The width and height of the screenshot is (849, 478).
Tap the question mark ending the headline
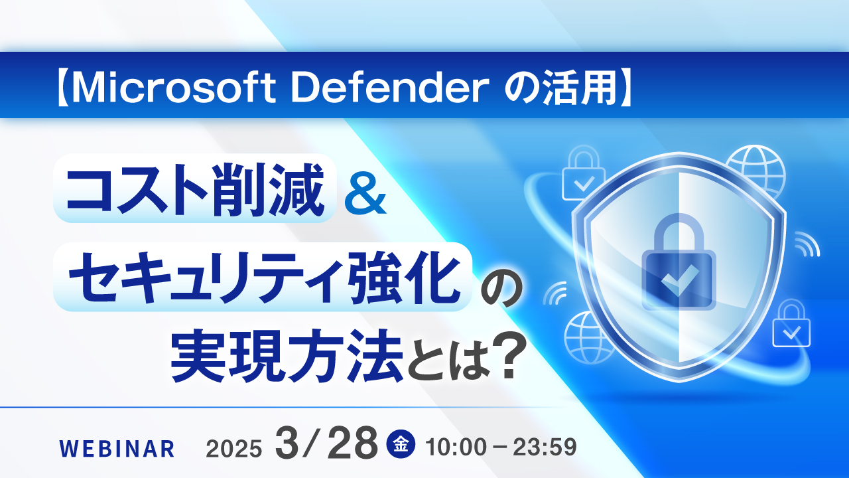pyautogui.click(x=505, y=358)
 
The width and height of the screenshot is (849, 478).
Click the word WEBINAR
pyautogui.click(x=117, y=449)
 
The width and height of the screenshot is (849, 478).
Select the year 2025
pyautogui.click(x=234, y=449)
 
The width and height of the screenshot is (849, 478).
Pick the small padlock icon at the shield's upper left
pyautogui.click(x=584, y=176)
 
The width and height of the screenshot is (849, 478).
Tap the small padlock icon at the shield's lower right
pyautogui.click(x=791, y=325)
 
